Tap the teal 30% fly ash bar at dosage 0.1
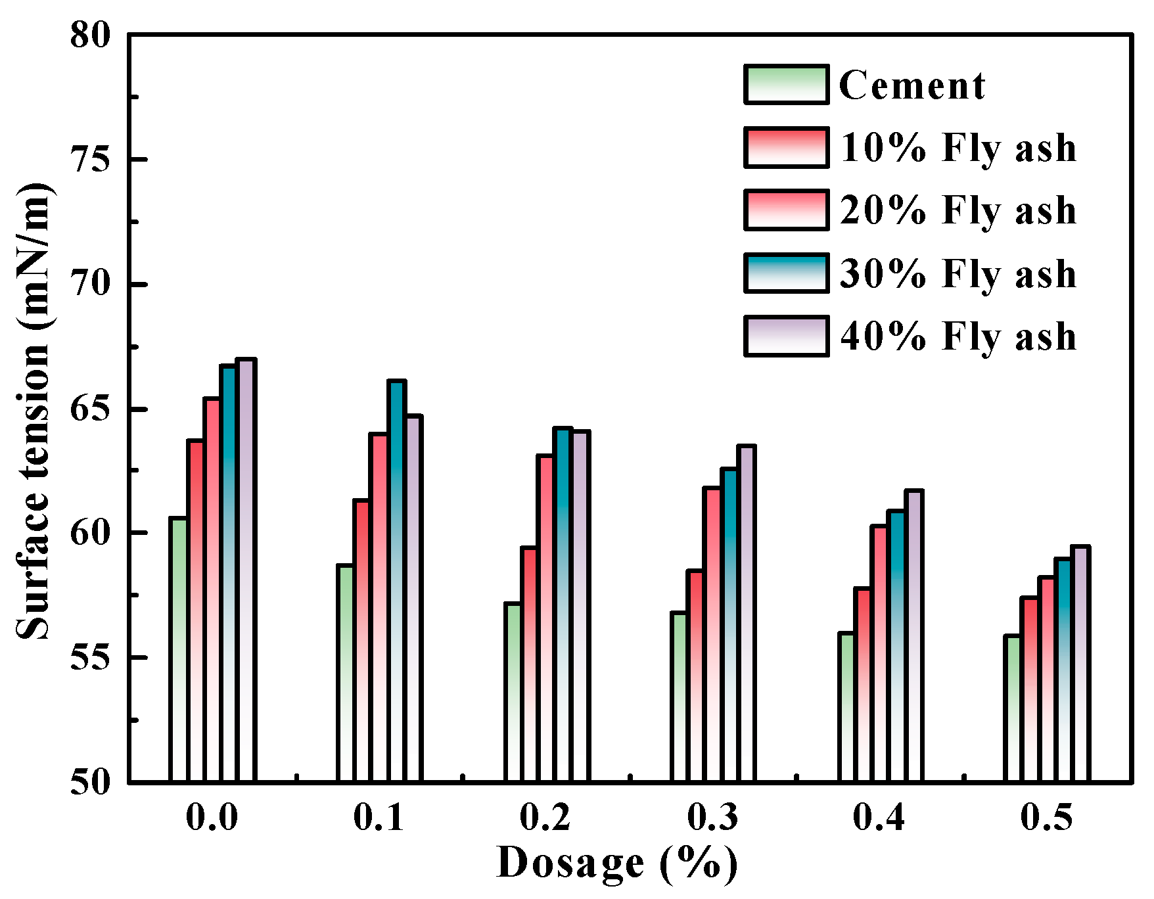396,581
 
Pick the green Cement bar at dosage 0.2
513,693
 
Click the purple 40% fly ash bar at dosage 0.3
746,614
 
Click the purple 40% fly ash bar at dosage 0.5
1080,664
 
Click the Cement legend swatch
786,85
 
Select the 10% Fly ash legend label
958,148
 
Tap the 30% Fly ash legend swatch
786,273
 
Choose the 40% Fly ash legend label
958,336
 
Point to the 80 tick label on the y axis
91,34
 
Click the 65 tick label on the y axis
91,409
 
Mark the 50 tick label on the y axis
91,783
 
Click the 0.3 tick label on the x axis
712,818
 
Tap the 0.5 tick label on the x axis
1046,818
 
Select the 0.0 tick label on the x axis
212,818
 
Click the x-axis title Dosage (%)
616,863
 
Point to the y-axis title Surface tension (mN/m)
33,411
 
